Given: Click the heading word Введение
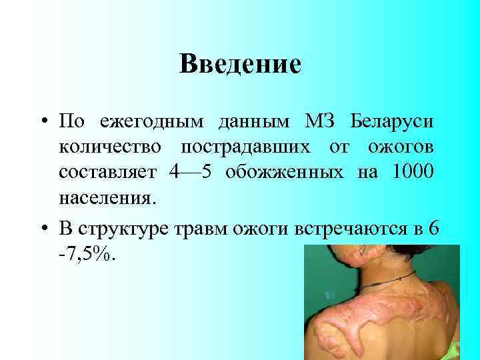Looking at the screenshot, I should point(240,64).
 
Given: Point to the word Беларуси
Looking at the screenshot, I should point(393,122).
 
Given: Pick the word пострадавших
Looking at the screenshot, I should point(252,147).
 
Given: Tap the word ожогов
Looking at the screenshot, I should point(399,147).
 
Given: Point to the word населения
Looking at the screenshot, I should point(109,198).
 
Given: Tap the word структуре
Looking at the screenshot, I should point(129,228).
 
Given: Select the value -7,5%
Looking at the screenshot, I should point(87,254).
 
